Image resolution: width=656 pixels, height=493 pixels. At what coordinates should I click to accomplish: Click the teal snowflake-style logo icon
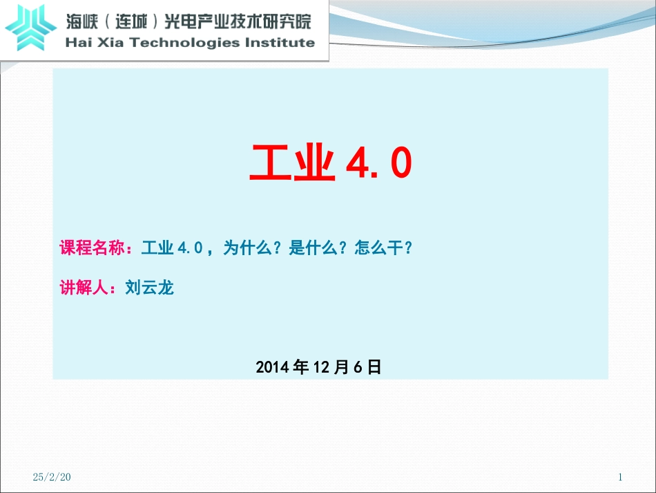pos(31,27)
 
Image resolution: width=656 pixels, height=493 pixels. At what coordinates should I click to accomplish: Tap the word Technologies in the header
pos(180,42)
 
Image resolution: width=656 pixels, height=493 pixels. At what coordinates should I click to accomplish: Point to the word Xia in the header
pos(111,42)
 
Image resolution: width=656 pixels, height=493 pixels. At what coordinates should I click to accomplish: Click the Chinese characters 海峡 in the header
pos(83,21)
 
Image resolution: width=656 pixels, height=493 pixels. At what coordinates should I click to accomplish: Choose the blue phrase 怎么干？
pos(383,248)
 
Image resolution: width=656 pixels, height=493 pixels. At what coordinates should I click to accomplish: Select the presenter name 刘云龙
pos(150,288)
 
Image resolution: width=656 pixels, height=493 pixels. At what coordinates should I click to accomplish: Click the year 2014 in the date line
pos(273,367)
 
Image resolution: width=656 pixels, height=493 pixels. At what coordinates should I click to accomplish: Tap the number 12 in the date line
pos(323,367)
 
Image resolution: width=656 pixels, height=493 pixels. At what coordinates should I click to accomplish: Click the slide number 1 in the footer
pos(620,477)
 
